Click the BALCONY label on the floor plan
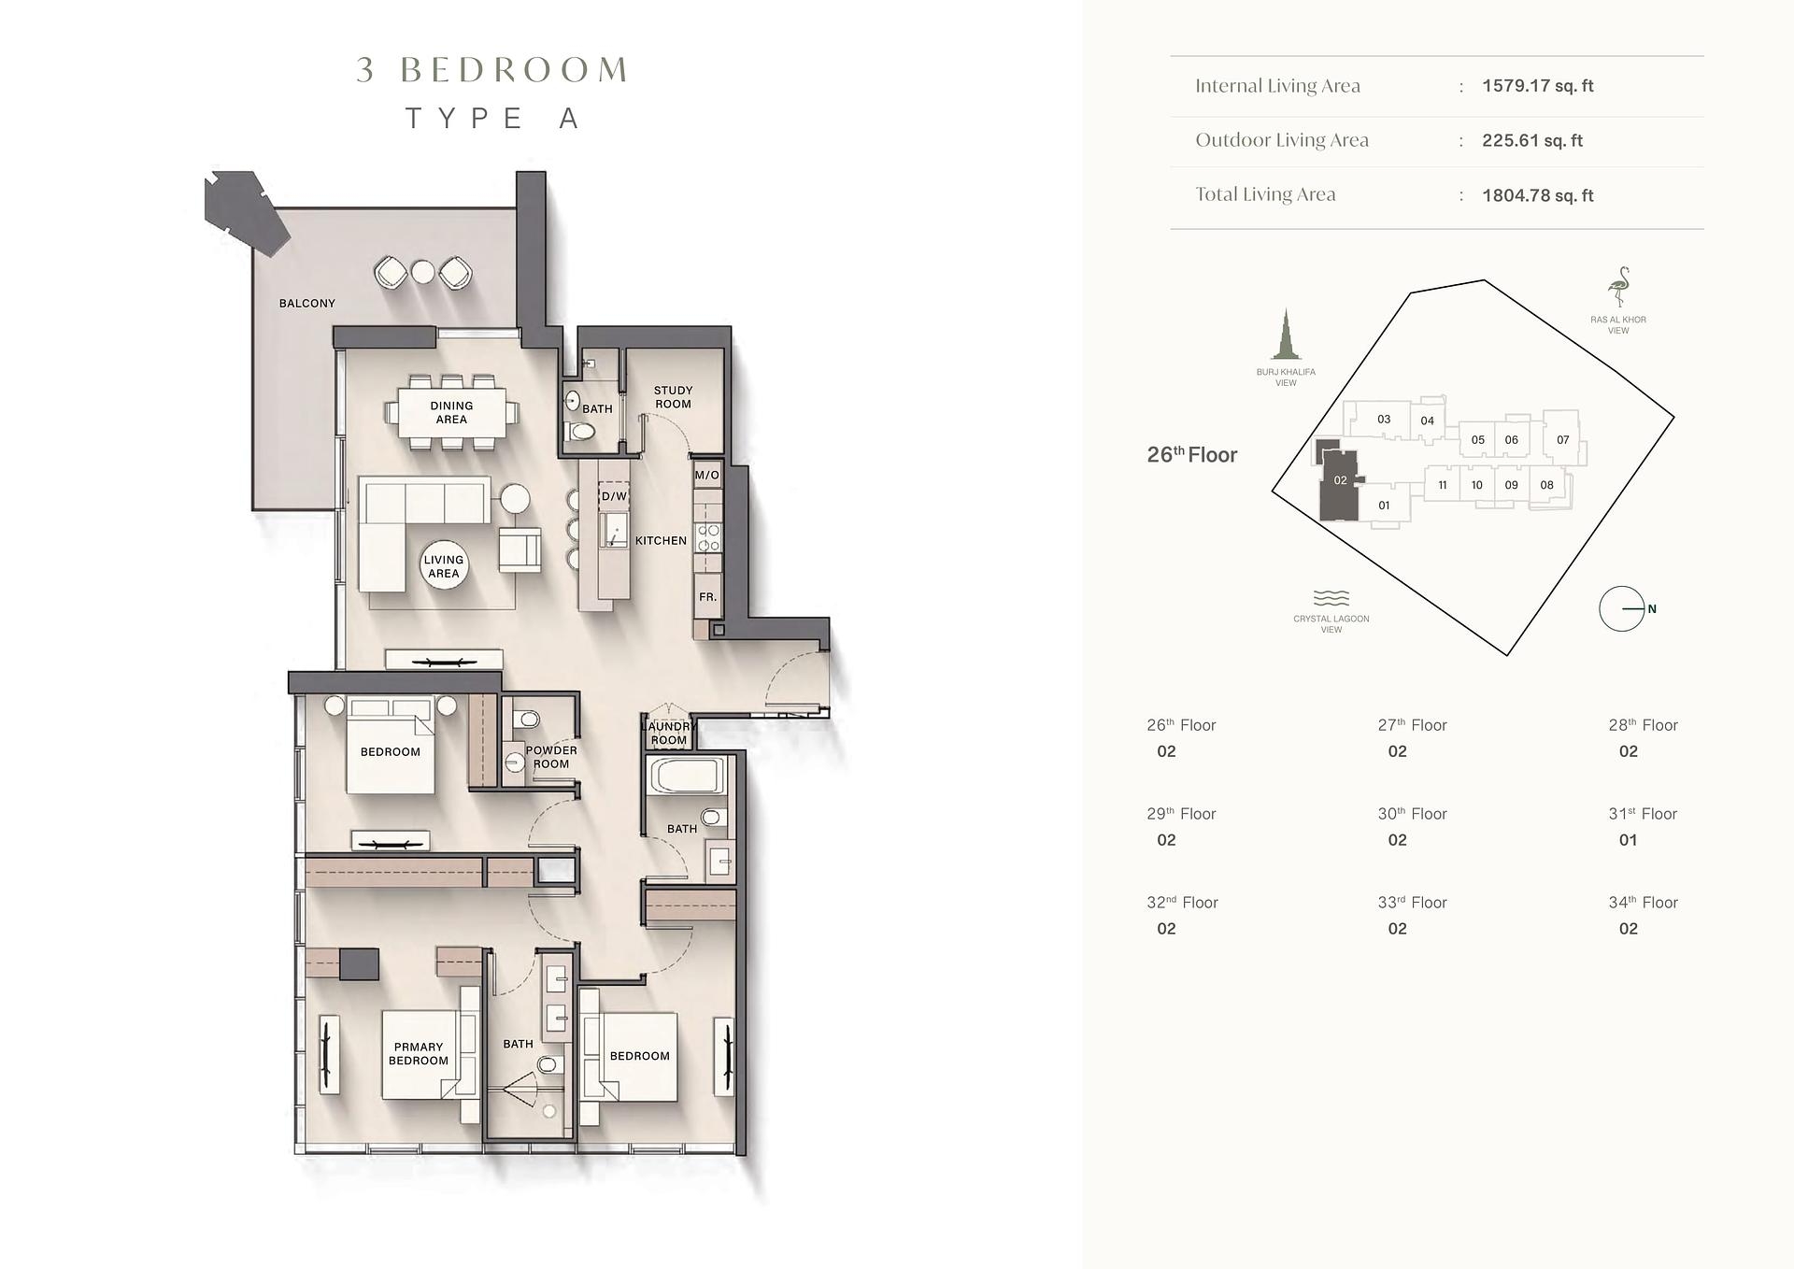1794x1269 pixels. point(306,303)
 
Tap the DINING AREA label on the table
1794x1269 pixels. point(451,412)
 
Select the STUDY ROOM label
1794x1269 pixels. point(673,397)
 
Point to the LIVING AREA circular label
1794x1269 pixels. point(443,566)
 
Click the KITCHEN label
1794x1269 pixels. point(661,540)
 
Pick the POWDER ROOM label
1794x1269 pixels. point(551,757)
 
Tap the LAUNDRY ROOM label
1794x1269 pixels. point(669,733)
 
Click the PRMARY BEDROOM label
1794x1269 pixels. point(419,1053)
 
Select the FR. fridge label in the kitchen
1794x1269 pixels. point(707,596)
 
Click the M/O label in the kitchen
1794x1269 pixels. point(707,475)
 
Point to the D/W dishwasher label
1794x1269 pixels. point(614,496)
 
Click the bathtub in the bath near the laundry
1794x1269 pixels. point(685,777)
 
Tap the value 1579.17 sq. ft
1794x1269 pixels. point(1537,86)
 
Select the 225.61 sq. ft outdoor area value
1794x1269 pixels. point(1532,140)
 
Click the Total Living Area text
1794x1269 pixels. point(1265,194)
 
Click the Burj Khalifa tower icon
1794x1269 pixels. point(1286,335)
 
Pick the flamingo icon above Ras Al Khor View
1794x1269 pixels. point(1618,287)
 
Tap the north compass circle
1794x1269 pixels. point(1621,608)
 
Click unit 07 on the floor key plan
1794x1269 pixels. point(1562,439)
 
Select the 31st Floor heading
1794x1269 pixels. point(1643,814)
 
